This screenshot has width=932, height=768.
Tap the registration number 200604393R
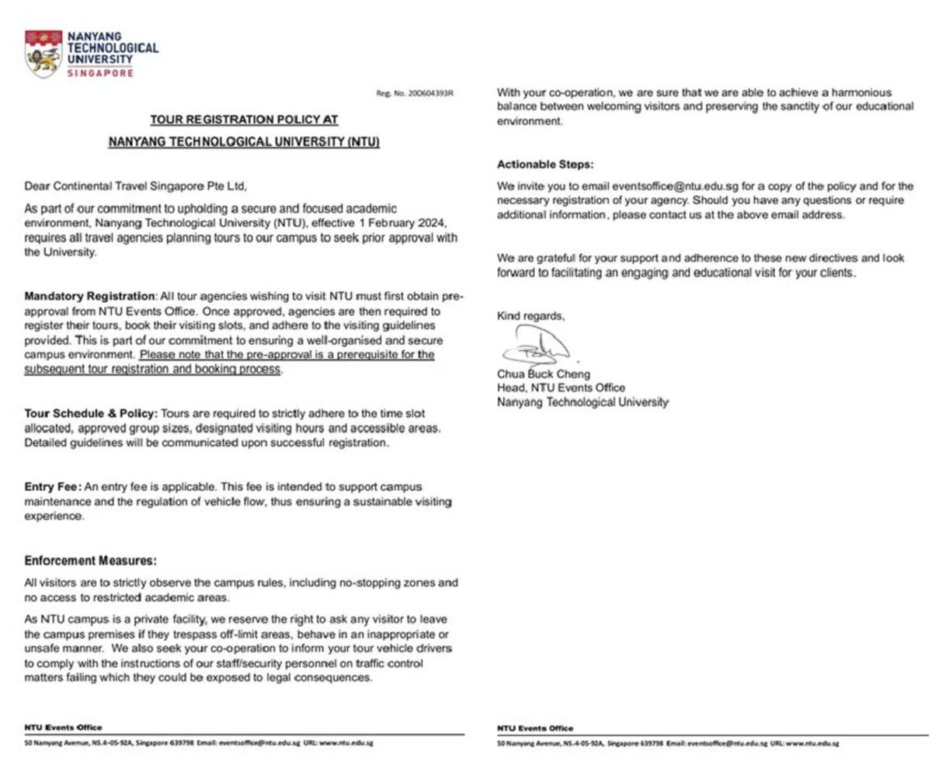426,93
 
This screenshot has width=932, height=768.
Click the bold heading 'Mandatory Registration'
89,296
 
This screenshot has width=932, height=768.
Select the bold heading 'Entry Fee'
52,487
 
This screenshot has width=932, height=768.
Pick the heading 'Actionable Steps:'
544,165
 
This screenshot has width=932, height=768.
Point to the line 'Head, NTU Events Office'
561,387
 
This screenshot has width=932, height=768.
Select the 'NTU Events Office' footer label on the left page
63,728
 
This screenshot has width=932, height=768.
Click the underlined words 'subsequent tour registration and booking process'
152,370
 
